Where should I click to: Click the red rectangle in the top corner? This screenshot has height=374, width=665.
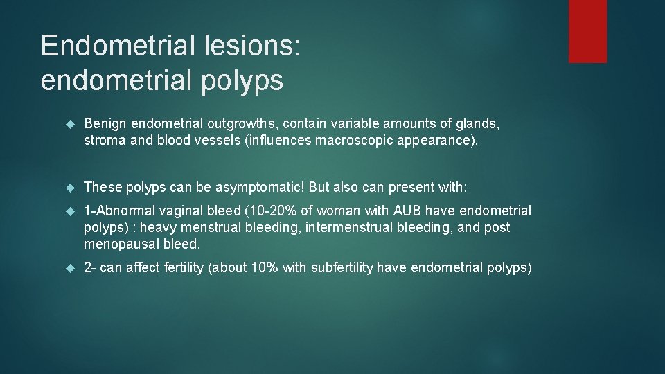click(x=587, y=31)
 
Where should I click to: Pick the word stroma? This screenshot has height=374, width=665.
click(x=105, y=141)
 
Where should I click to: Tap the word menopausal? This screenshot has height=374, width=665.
click(x=123, y=244)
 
